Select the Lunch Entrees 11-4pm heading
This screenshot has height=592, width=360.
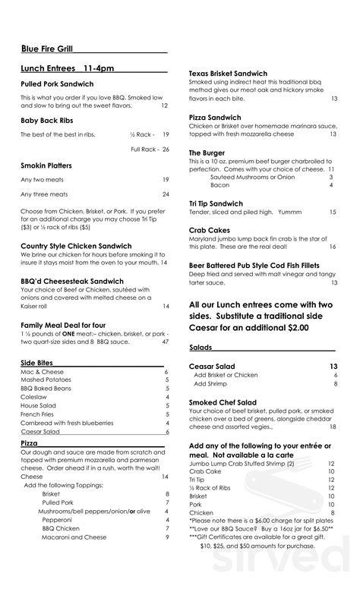coord(68,68)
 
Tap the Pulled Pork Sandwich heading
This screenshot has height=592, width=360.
coord(57,83)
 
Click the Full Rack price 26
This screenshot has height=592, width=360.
coord(166,150)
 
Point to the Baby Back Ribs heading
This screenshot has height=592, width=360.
coord(47,119)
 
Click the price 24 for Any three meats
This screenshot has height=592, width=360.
coord(166,194)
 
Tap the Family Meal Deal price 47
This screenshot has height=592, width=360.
coord(166,342)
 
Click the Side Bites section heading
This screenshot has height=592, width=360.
coord(37,364)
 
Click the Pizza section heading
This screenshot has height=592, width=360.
coord(30,442)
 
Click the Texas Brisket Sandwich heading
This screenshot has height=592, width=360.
coord(233,74)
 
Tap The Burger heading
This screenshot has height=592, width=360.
coord(207,153)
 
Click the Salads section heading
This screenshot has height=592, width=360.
coord(201,347)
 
